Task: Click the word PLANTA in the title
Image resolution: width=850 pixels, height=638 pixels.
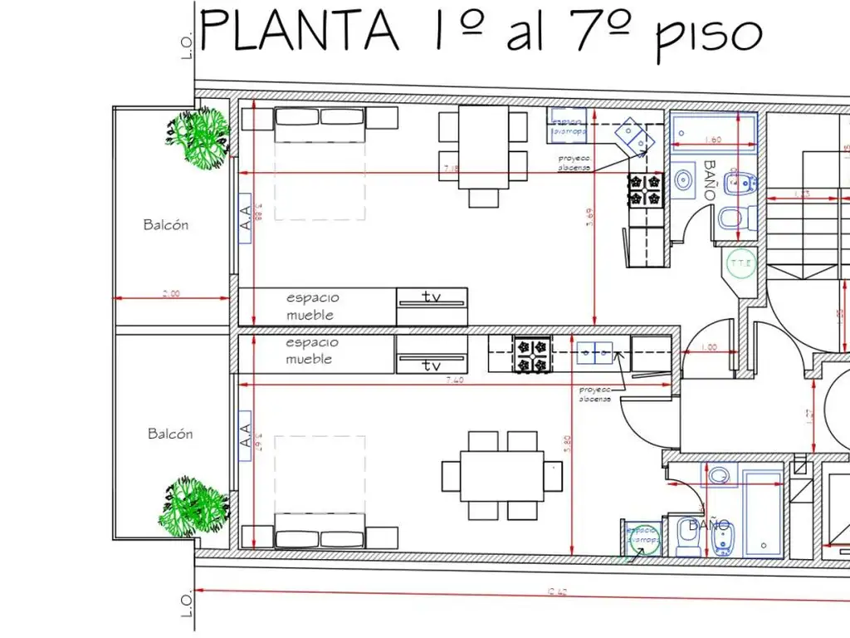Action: click(299, 31)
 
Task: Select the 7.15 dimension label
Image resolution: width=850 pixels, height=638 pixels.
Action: click(452, 169)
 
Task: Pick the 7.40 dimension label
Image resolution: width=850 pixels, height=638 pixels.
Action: click(454, 380)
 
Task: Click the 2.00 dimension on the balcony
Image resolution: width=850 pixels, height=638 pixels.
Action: click(171, 293)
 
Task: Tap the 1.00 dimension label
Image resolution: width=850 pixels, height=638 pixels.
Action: click(710, 347)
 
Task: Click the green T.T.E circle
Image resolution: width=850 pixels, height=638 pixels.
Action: click(740, 264)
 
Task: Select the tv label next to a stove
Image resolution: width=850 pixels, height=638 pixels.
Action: click(432, 365)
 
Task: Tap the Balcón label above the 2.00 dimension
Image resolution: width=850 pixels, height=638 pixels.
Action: click(166, 224)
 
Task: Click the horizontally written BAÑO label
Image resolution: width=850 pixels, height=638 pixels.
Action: click(709, 525)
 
